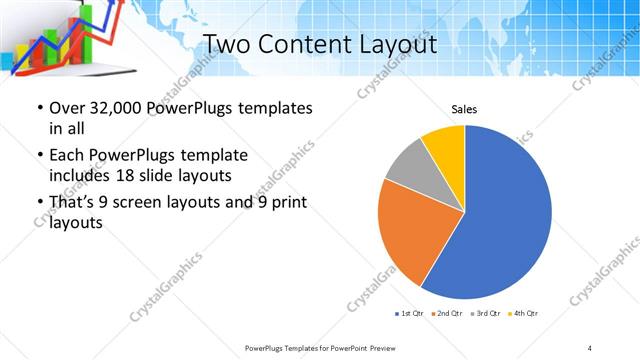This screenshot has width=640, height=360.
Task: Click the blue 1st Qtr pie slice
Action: (500, 220)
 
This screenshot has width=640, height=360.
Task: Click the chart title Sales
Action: (464, 109)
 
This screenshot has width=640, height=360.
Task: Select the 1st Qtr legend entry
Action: (410, 314)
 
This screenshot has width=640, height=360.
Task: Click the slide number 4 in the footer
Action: (590, 348)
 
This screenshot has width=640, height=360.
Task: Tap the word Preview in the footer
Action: (380, 348)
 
